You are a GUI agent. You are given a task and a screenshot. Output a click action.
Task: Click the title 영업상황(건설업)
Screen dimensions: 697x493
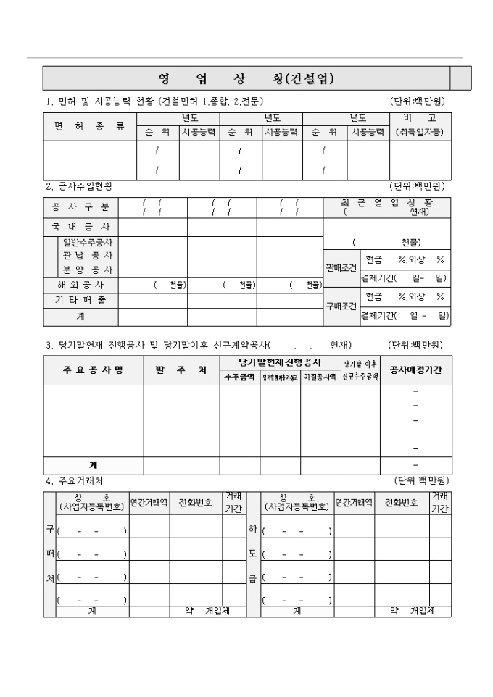point(246,78)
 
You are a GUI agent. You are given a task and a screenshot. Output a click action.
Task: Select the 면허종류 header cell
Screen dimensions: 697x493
point(90,126)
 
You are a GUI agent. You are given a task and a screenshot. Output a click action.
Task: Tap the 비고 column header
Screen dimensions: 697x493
point(420,118)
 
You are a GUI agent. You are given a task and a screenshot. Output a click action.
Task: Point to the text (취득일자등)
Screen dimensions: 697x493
point(420,133)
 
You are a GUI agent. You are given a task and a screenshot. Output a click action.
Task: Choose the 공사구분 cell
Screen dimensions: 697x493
point(80,207)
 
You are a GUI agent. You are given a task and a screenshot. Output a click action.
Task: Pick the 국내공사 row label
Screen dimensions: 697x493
point(80,227)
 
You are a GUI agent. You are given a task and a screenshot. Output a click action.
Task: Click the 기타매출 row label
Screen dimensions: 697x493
point(80,301)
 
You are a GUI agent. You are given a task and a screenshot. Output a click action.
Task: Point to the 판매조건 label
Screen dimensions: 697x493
point(341,267)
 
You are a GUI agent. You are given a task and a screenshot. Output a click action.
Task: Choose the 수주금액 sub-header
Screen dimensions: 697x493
point(239,377)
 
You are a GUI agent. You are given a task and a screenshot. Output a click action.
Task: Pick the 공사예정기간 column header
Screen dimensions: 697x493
point(415,370)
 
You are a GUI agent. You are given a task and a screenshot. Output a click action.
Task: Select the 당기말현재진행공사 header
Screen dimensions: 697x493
point(281,362)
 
